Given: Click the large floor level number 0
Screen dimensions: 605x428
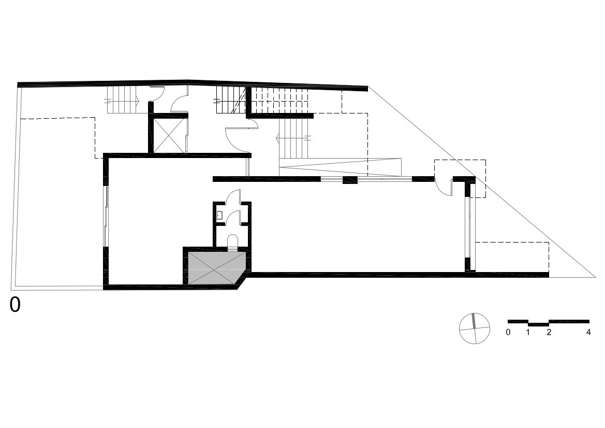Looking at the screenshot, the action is click(15, 304).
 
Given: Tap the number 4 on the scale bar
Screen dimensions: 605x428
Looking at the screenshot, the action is click(588, 332).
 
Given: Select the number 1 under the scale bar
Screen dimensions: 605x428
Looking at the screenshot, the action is click(528, 332).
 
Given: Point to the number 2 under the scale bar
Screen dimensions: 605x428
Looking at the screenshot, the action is click(549, 332).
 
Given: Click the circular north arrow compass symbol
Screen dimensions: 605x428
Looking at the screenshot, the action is click(475, 329).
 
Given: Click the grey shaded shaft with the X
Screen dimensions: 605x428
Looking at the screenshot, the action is click(217, 268).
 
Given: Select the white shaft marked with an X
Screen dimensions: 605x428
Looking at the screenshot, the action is click(169, 135).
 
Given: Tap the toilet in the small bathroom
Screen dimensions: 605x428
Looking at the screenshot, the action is click(233, 241).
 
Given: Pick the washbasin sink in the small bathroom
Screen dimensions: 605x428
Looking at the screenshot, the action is click(219, 215).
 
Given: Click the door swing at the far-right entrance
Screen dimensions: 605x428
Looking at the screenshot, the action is click(444, 188).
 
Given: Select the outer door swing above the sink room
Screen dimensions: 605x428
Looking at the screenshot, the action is click(233, 196).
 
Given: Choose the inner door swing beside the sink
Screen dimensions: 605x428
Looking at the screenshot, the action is click(233, 218).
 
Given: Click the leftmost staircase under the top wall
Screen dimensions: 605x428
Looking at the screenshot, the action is click(122, 99).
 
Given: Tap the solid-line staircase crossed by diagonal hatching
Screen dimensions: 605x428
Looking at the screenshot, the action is click(231, 99).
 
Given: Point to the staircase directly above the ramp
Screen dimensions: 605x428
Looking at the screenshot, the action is click(294, 138).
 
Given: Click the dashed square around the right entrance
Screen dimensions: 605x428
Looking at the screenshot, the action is click(460, 179).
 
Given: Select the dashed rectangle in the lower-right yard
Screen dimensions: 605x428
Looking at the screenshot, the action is click(512, 257).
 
